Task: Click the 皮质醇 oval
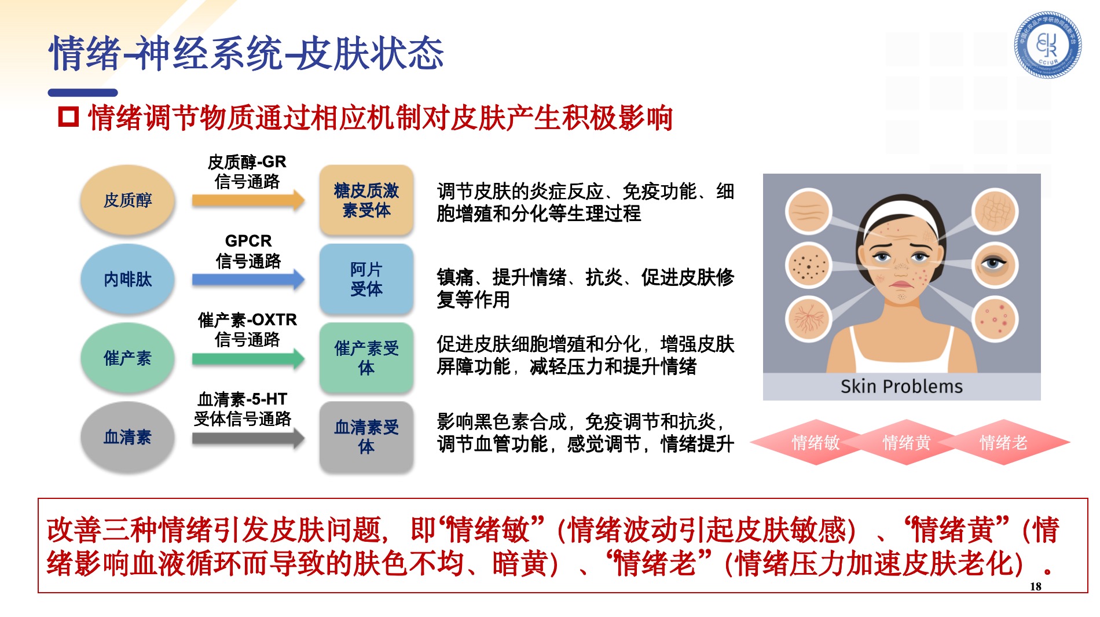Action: [127, 200]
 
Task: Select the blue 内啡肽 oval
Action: [127, 279]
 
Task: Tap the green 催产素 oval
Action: [127, 358]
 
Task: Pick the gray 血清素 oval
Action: [127, 437]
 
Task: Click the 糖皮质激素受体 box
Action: [366, 200]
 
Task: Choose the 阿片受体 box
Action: [366, 279]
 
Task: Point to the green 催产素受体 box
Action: [366, 358]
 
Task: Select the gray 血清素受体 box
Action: [366, 437]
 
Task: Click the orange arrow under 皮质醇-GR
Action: [248, 200]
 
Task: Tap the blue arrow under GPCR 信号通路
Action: [248, 280]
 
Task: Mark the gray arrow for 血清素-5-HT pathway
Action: [248, 438]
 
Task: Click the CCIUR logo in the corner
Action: [1047, 45]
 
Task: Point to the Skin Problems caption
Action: [901, 386]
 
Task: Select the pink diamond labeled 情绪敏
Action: [816, 443]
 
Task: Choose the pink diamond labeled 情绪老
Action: [1003, 443]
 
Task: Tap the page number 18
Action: [1036, 586]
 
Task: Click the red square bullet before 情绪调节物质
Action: [68, 117]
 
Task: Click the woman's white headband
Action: [901, 215]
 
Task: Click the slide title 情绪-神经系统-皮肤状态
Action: [247, 53]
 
